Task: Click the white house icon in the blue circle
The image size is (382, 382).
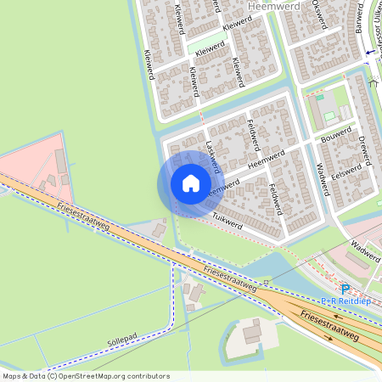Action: click(x=191, y=183)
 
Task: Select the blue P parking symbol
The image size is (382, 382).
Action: click(x=345, y=289)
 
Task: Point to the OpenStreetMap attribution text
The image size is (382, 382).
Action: click(x=86, y=376)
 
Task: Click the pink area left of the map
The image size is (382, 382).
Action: click(x=34, y=161)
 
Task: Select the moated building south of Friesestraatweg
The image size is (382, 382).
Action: click(x=251, y=334)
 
